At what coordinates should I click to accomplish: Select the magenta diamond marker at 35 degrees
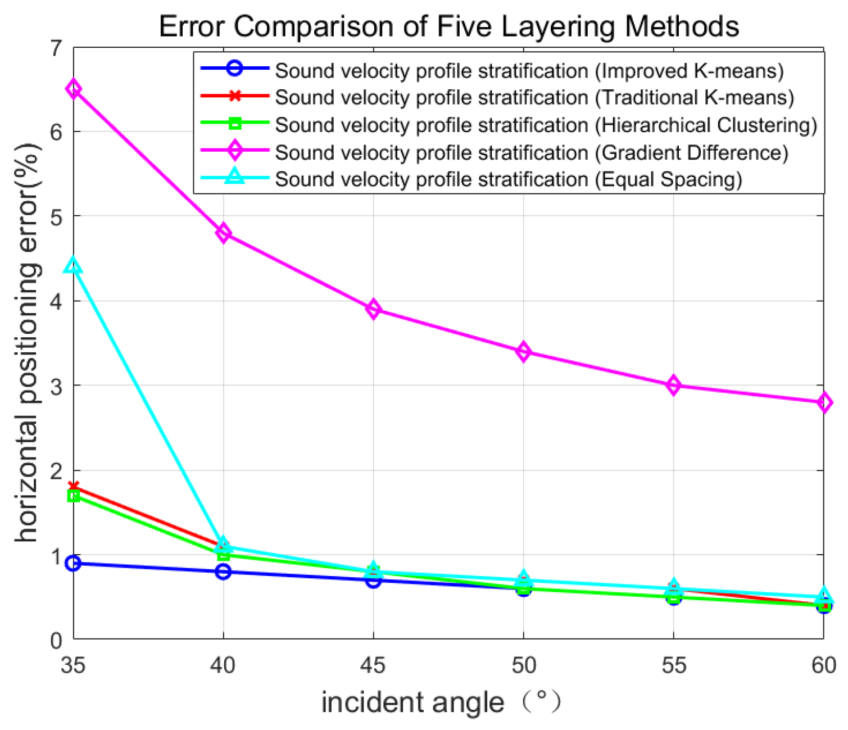[x=74, y=89]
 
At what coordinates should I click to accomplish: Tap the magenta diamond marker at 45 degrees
[x=374, y=309]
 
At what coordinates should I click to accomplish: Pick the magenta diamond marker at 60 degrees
[x=824, y=402]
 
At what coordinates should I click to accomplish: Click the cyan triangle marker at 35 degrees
[x=74, y=266]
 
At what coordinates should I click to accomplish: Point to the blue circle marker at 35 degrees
[x=74, y=563]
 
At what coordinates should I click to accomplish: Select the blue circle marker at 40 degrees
[x=224, y=572]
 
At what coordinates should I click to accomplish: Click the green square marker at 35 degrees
[x=74, y=496]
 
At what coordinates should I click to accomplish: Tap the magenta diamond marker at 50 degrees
[x=524, y=352]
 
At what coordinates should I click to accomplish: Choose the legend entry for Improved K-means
[x=528, y=71]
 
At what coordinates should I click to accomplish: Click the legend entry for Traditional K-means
[x=534, y=98]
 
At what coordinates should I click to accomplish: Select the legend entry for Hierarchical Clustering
[x=545, y=125]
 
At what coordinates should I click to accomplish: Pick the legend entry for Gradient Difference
[x=531, y=152]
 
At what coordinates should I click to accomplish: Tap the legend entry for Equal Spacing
[x=508, y=179]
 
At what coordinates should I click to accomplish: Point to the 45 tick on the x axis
[x=374, y=665]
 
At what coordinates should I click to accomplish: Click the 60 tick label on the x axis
[x=824, y=665]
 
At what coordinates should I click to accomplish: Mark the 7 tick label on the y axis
[x=57, y=49]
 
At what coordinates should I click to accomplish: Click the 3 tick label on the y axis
[x=57, y=387]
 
